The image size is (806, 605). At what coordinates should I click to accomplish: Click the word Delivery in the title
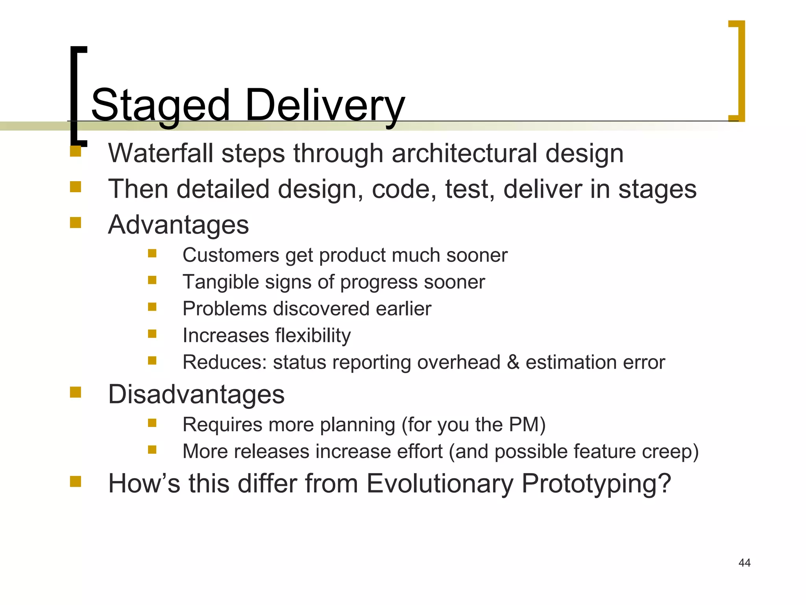[x=325, y=106]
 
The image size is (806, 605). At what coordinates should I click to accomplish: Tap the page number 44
[x=744, y=562]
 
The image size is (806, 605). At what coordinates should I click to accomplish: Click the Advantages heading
[x=178, y=225]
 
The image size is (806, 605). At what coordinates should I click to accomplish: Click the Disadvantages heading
[x=196, y=394]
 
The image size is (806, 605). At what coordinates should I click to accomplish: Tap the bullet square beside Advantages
[x=76, y=223]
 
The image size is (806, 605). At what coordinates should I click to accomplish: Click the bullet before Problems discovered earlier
[x=152, y=306]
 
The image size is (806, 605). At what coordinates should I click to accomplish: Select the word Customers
[x=231, y=255]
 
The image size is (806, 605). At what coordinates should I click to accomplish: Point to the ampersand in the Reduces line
[x=513, y=362]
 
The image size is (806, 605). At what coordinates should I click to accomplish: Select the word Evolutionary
[x=440, y=483]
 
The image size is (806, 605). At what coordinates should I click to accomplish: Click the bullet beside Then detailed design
[x=76, y=187]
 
